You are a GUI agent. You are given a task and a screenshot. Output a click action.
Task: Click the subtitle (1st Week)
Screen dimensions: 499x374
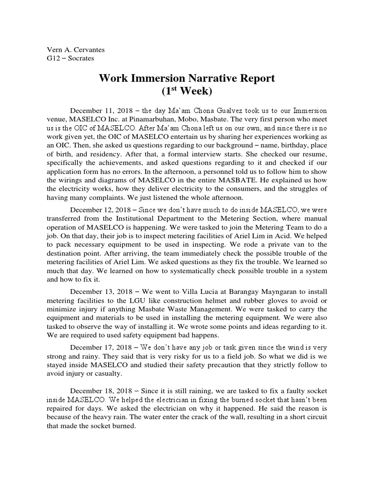187,91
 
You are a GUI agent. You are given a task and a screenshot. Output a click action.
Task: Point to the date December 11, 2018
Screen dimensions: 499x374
100,111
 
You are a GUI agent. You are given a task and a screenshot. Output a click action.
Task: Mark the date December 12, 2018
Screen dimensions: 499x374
100,210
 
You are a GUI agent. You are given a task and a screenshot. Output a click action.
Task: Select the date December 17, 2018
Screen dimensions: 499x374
100,347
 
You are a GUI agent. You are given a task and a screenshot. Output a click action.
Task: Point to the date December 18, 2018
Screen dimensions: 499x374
100,391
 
